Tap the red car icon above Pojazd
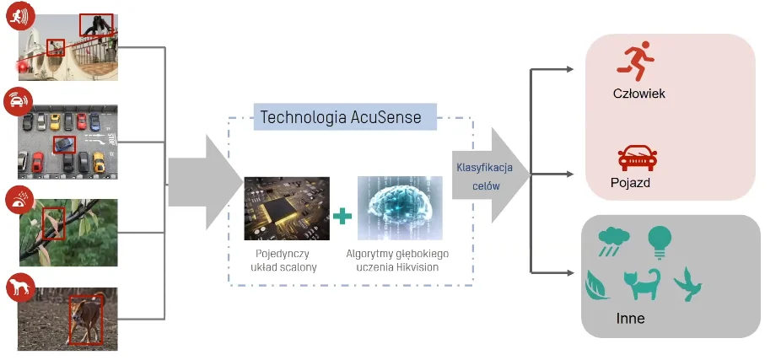pyautogui.click(x=637, y=158)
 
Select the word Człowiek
pyautogui.click(x=638, y=94)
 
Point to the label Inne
pyautogui.click(x=631, y=320)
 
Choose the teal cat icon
pyautogui.click(x=642, y=286)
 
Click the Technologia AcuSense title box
pyautogui.click(x=345, y=116)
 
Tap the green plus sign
pyautogui.click(x=342, y=217)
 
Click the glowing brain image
pyautogui.click(x=399, y=208)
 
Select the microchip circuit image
pyautogui.click(x=287, y=208)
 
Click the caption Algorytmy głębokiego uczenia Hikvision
pyautogui.click(x=397, y=261)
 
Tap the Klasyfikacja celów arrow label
pyautogui.click(x=479, y=175)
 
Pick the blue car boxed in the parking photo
pyautogui.click(x=64, y=144)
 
